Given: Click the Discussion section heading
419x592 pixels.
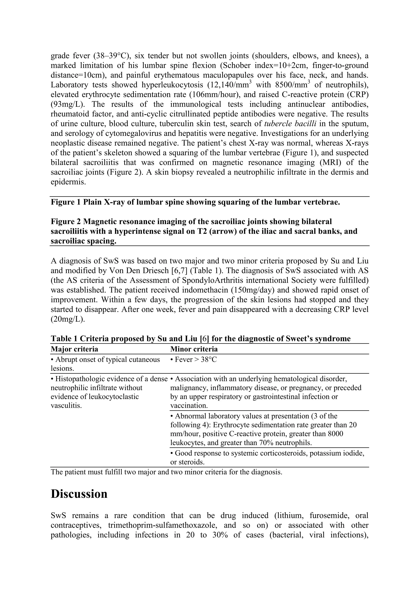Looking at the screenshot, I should tap(79, 494).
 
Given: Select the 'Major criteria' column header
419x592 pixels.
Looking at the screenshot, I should tap(74, 349).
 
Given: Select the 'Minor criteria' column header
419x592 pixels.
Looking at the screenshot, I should tap(194, 349).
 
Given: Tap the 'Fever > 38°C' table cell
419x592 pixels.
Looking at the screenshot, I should tap(194, 360).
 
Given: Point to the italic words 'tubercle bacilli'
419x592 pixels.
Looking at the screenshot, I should tap(291, 124).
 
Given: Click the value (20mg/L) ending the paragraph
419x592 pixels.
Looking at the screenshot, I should tap(68, 319).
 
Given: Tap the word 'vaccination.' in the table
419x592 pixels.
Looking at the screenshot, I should tap(189, 405).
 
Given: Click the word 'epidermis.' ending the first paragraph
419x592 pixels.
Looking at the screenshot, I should tap(68, 182).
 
